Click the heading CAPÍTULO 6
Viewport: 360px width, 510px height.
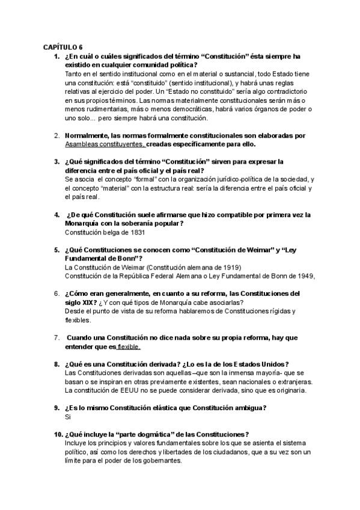(x=63, y=47)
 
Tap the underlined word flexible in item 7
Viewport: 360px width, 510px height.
(x=129, y=347)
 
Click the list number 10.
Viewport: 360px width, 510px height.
(x=58, y=434)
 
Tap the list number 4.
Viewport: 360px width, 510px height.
(x=56, y=215)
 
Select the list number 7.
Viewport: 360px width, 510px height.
(x=56, y=338)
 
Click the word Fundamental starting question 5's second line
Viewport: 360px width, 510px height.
(x=88, y=258)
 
